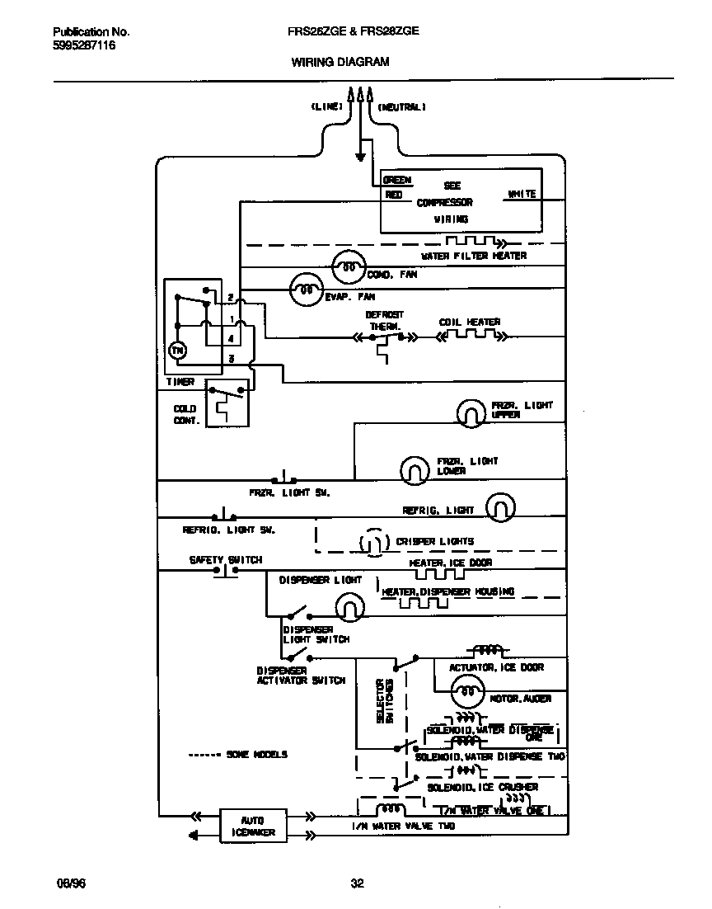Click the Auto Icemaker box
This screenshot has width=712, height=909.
[252, 826]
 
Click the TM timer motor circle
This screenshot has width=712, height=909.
[178, 351]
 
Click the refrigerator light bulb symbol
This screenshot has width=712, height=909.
[500, 508]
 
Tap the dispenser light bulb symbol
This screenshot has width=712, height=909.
[349, 609]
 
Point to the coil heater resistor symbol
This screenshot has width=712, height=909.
[470, 336]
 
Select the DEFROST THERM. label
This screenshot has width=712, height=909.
[384, 321]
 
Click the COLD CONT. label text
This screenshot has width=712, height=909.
[185, 414]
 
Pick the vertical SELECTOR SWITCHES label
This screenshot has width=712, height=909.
[385, 700]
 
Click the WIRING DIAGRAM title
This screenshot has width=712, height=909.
[340, 62]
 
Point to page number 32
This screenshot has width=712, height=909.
[357, 884]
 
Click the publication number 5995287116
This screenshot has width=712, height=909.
[84, 46]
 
